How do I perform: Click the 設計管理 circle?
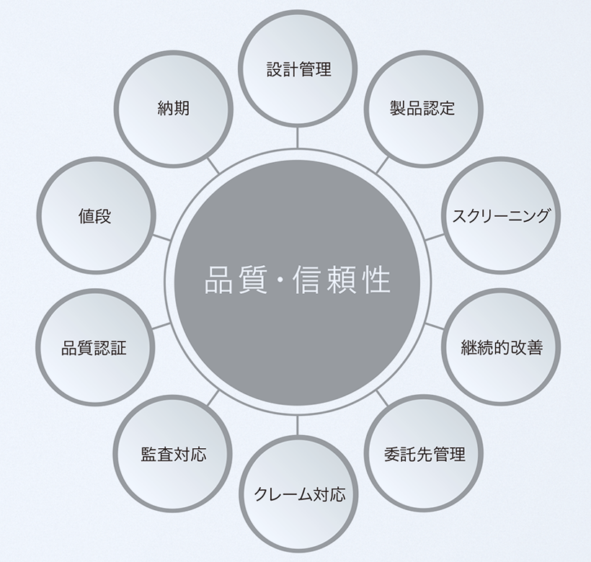click(x=298, y=69)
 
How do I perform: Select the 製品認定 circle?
click(x=423, y=109)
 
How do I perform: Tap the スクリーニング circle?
click(x=501, y=215)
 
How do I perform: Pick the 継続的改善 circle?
click(x=501, y=347)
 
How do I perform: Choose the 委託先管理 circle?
click(x=424, y=454)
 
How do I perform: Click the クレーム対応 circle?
click(x=298, y=494)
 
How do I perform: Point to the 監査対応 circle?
click(x=172, y=454)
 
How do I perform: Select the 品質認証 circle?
click(x=94, y=347)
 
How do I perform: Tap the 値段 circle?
click(x=95, y=215)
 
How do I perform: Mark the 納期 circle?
click(x=173, y=109)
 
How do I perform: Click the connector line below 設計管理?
click(x=298, y=137)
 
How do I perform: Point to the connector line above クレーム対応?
click(x=298, y=425)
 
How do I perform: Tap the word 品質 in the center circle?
click(x=229, y=280)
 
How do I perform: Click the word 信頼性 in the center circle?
click(x=342, y=280)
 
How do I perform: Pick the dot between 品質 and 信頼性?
click(x=277, y=280)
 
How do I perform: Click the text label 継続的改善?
click(x=501, y=347)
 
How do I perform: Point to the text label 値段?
click(x=95, y=215)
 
